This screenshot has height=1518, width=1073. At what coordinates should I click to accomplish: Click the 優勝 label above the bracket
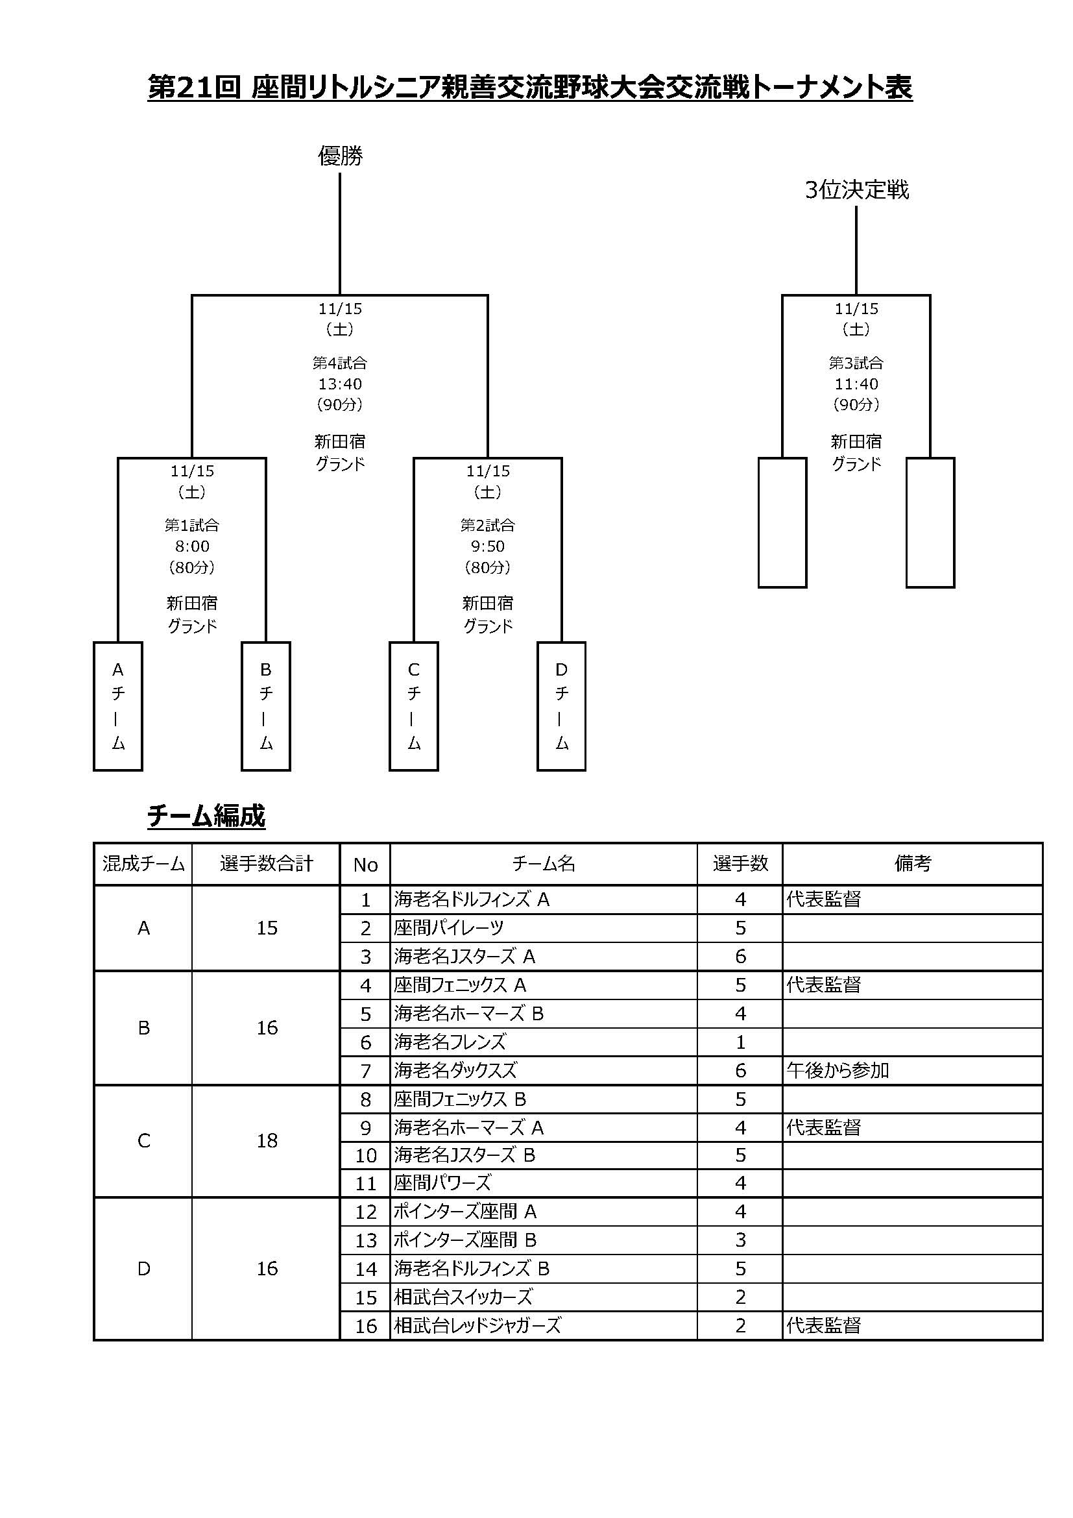(x=341, y=156)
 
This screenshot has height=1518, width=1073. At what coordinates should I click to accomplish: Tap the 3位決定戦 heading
(x=856, y=190)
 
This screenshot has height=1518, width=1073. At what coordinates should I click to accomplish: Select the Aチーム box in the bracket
(x=118, y=706)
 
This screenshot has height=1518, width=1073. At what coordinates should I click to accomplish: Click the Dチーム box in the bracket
(x=562, y=706)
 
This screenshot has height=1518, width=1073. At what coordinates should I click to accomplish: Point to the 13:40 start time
(x=341, y=384)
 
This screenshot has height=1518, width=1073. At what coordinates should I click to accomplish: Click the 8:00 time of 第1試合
(x=192, y=546)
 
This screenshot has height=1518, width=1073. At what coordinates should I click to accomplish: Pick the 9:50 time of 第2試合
(x=488, y=546)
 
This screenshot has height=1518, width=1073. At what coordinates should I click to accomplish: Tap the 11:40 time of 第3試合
(x=856, y=384)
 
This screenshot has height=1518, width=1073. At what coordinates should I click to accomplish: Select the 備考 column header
(x=913, y=863)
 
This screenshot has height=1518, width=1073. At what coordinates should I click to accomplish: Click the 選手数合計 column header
(x=266, y=863)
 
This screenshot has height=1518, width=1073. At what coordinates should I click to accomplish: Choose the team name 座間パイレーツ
(x=449, y=928)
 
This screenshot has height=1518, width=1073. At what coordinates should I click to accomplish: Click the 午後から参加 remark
(x=837, y=1070)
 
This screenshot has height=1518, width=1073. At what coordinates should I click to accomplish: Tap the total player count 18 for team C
(x=267, y=1140)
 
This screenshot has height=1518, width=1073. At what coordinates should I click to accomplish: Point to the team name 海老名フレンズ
(x=450, y=1042)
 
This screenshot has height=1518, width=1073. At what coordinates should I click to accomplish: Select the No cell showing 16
(x=366, y=1326)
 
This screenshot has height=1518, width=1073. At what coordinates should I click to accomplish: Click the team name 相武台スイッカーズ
(x=463, y=1297)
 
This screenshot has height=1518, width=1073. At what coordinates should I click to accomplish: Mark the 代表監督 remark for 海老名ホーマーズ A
(x=823, y=1127)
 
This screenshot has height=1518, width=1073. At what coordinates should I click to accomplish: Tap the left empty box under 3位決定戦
(x=782, y=522)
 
